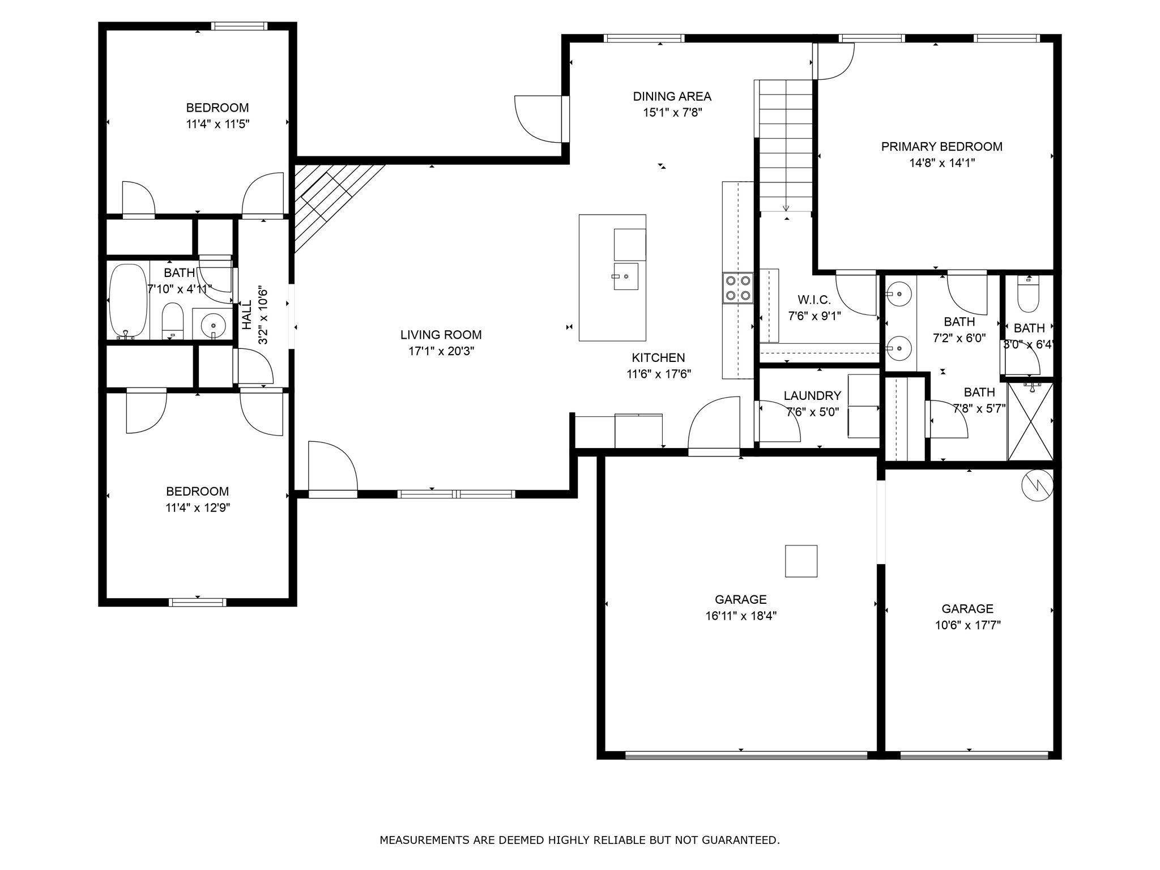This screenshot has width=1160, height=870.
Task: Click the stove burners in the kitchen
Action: click(737, 288)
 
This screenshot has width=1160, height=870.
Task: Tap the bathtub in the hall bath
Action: click(128, 301)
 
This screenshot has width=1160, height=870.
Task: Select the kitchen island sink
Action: click(625, 276)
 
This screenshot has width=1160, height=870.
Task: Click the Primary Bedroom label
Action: click(941, 147)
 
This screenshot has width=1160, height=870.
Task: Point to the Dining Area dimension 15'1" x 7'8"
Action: click(672, 113)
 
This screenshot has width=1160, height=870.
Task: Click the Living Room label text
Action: click(441, 335)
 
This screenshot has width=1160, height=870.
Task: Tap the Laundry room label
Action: click(812, 395)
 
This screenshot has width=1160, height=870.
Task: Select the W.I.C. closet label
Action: click(814, 300)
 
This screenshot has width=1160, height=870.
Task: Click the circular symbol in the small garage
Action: click(1037, 484)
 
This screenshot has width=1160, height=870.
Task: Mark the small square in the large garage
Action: click(801, 561)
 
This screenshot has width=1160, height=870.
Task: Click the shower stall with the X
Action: click(1030, 421)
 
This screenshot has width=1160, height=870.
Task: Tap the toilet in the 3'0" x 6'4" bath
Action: click(1028, 293)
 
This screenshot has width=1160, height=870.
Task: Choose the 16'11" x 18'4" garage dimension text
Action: click(741, 616)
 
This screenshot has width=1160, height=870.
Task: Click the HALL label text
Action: click(247, 315)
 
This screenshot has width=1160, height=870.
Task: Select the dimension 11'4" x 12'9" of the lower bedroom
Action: click(198, 507)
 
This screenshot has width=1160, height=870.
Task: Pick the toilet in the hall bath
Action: click(173, 321)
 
